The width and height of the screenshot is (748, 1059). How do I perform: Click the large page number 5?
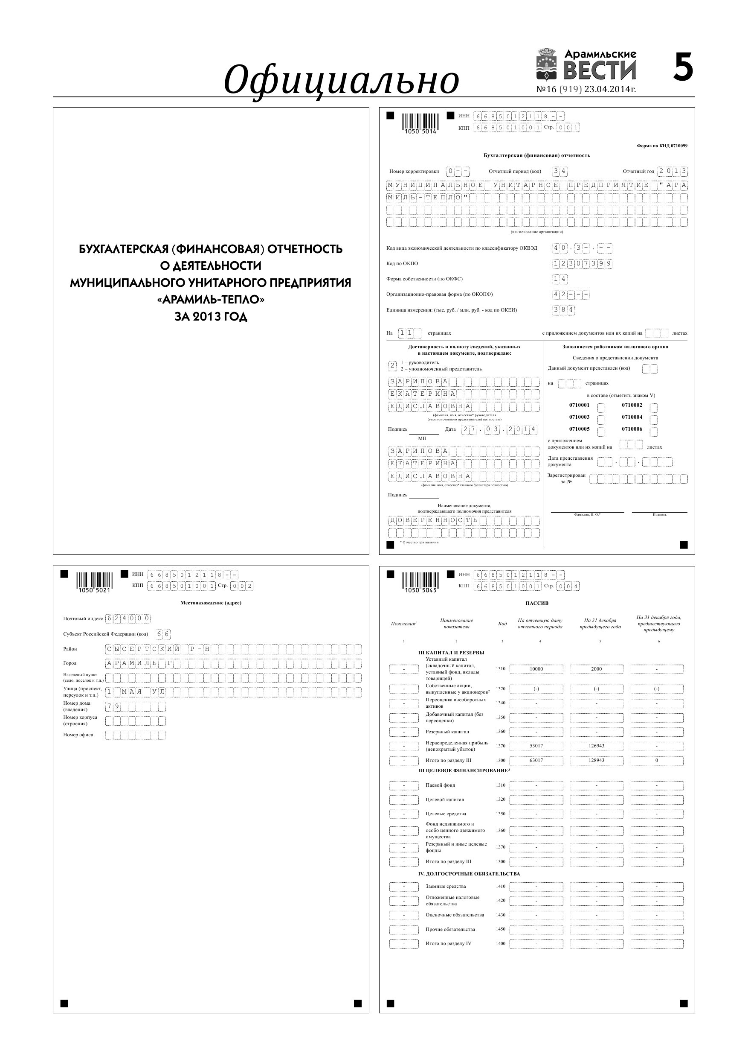(x=683, y=67)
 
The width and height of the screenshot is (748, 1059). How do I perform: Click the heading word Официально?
(x=341, y=79)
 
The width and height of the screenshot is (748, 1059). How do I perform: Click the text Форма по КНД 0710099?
(x=662, y=146)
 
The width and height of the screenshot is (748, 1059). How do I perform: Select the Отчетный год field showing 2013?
(x=673, y=171)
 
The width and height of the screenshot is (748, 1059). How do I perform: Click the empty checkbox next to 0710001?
(x=601, y=407)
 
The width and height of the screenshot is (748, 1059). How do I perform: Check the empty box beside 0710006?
(x=653, y=431)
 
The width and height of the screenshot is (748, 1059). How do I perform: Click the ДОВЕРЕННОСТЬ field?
(x=463, y=520)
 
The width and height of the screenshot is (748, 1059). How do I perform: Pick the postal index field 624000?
(x=128, y=618)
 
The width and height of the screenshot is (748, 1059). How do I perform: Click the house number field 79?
(x=135, y=706)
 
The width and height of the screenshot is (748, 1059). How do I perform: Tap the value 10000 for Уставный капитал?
(x=536, y=669)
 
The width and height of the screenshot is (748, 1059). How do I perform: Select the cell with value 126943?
(x=596, y=746)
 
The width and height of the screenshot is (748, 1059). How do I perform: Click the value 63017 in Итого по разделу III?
(x=536, y=760)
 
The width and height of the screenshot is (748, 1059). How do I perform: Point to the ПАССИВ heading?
(x=537, y=603)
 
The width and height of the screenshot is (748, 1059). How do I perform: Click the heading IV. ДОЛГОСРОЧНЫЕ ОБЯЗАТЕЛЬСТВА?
(x=469, y=874)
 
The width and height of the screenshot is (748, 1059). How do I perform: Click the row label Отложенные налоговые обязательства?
(x=452, y=900)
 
